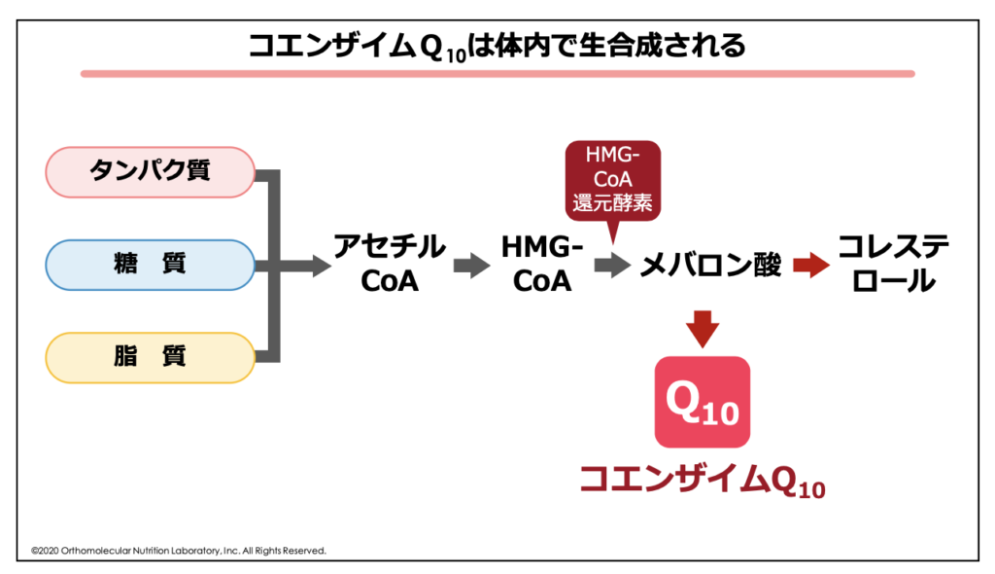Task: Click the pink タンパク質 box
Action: click(x=151, y=171)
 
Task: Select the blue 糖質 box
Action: click(x=151, y=265)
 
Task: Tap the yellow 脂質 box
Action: click(x=151, y=357)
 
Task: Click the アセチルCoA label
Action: click(x=390, y=264)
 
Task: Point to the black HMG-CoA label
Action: click(x=542, y=264)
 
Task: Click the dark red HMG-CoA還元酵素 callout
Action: click(x=612, y=181)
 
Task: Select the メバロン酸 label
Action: click(x=710, y=265)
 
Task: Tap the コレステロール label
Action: click(x=894, y=264)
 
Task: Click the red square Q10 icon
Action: click(x=703, y=402)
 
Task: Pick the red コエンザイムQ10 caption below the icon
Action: click(x=703, y=480)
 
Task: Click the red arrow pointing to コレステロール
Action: click(x=811, y=265)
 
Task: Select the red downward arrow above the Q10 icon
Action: click(x=703, y=329)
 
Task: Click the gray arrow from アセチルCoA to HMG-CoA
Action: click(x=472, y=265)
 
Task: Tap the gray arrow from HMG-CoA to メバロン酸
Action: click(x=612, y=265)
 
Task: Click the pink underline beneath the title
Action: click(x=497, y=74)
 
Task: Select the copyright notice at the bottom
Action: click(x=179, y=551)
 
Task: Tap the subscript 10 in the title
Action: click(x=457, y=55)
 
